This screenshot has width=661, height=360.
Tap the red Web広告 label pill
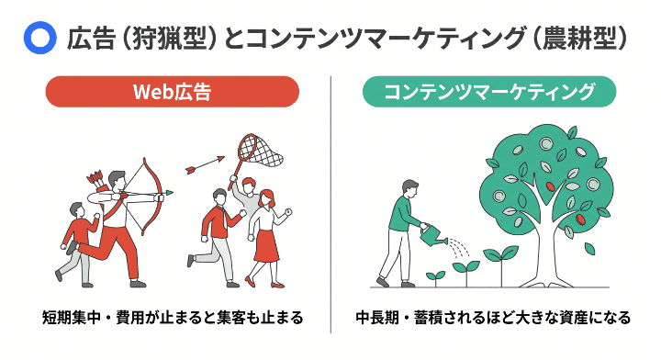point(173,93)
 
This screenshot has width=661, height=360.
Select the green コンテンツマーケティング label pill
point(488,93)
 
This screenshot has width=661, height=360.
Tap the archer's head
point(117,178)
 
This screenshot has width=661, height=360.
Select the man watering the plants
point(401,230)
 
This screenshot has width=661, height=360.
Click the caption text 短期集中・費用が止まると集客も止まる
point(173,319)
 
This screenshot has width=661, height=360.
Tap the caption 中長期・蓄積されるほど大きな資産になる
point(493,319)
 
